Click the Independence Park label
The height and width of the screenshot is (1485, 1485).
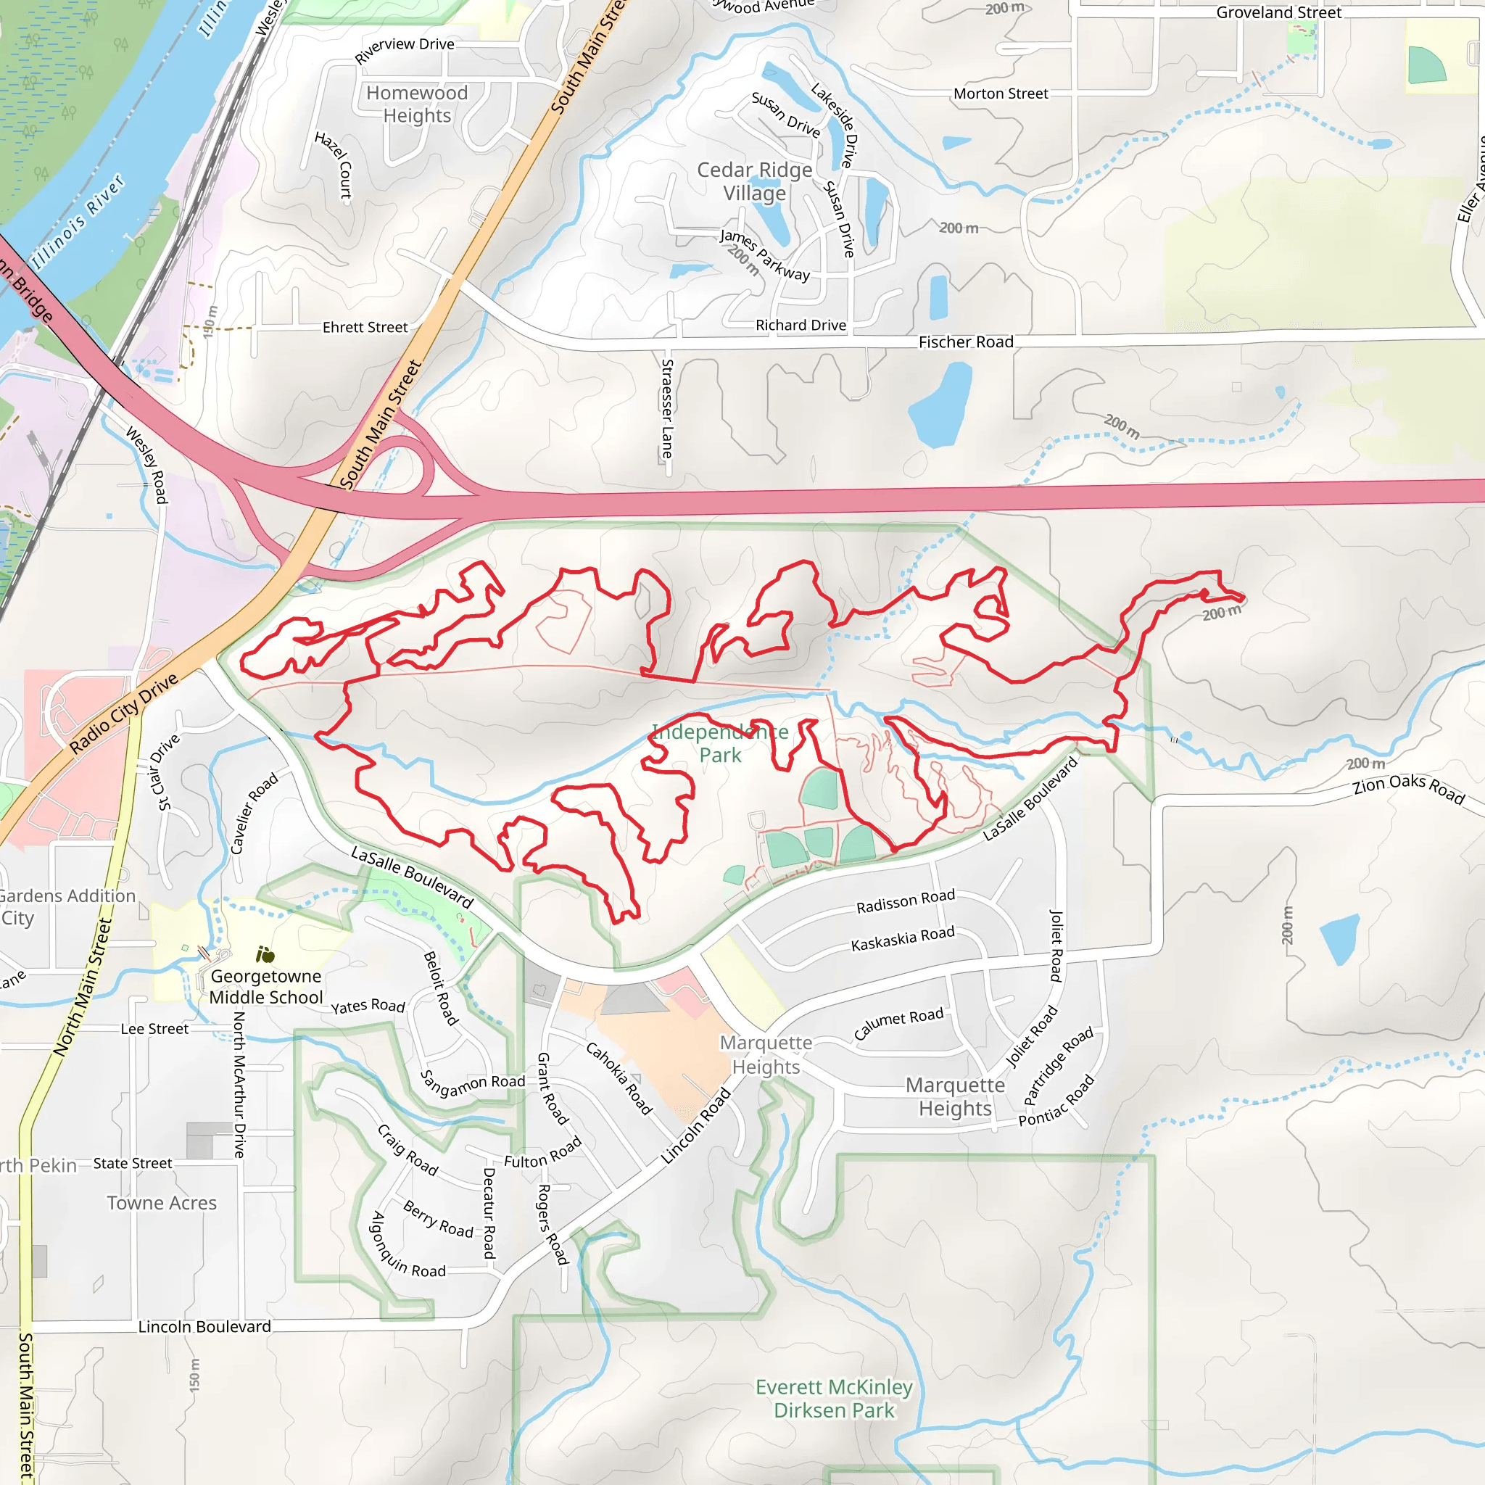(x=719, y=743)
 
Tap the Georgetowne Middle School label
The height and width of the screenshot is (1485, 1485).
(x=266, y=986)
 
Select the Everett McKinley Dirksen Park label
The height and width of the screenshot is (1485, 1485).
(x=834, y=1398)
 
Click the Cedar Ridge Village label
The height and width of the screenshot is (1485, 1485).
(x=754, y=181)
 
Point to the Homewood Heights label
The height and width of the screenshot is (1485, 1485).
(x=417, y=104)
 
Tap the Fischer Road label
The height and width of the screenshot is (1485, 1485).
(x=965, y=342)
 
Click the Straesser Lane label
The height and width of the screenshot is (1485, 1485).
(x=667, y=408)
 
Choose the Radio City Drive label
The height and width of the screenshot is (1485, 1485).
(x=124, y=713)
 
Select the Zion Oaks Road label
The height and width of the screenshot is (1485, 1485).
(x=1408, y=788)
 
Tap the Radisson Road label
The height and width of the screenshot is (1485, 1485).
(x=906, y=901)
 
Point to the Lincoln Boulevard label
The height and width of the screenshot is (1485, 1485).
(x=204, y=1327)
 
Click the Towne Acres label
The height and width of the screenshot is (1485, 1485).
(x=162, y=1203)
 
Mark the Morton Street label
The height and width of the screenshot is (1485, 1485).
(x=1000, y=94)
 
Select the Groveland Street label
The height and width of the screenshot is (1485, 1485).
(x=1278, y=12)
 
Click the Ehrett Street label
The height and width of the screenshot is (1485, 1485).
(x=365, y=328)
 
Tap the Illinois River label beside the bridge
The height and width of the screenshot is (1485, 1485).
(x=77, y=220)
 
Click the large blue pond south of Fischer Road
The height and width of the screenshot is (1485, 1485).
(x=939, y=405)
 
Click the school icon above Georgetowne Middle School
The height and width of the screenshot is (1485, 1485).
(x=265, y=955)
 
